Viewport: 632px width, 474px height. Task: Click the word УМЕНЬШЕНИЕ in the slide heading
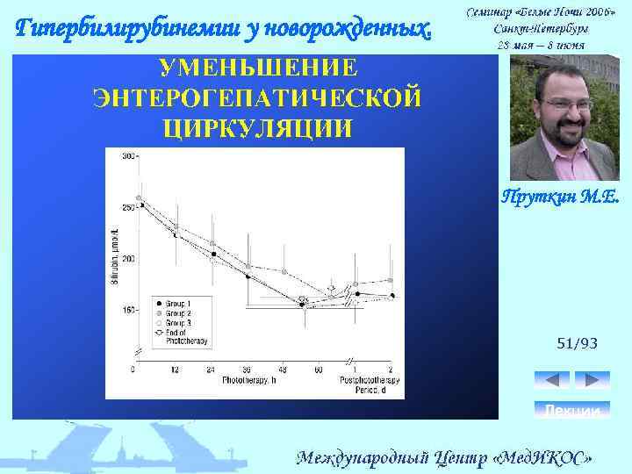click(x=257, y=68)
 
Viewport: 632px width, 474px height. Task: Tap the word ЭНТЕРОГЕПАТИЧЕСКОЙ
click(x=257, y=97)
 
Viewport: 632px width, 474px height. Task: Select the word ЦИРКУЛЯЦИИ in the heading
click(x=257, y=127)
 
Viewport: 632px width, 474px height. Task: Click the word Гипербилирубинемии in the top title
click(x=108, y=28)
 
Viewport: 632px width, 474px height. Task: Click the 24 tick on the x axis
click(x=211, y=370)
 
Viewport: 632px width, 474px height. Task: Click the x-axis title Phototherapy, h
click(x=248, y=380)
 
